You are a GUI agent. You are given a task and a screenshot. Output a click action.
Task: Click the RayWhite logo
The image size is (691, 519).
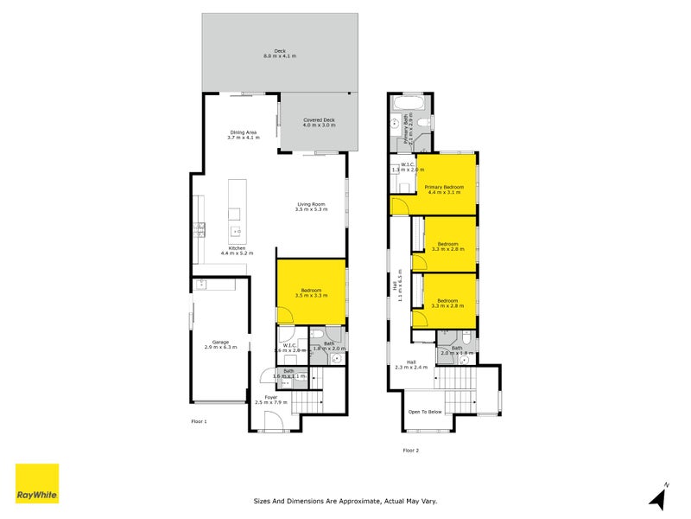37,484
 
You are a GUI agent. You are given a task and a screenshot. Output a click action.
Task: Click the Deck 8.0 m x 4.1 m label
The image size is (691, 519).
280,53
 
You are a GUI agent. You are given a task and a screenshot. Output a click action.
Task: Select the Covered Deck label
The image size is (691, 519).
319,123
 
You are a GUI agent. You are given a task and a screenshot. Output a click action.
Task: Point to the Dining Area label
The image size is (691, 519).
243,135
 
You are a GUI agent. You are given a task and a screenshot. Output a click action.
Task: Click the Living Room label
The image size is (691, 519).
311,206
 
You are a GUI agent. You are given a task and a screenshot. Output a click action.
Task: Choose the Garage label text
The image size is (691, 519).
220,344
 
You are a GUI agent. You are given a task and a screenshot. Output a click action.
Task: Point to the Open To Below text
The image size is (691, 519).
425,412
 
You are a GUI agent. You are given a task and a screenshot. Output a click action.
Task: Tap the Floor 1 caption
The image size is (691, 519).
199,421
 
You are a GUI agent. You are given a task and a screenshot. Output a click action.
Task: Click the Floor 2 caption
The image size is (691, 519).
410,450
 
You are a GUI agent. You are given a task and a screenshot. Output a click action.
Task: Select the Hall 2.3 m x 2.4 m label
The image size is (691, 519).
412,365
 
